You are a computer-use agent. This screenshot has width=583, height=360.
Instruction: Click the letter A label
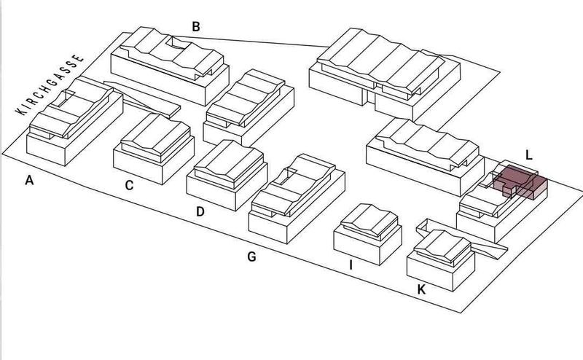pyautogui.click(x=29, y=181)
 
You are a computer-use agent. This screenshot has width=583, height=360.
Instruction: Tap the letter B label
pyautogui.click(x=196, y=27)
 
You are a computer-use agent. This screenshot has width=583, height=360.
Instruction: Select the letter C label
pyautogui.click(x=129, y=185)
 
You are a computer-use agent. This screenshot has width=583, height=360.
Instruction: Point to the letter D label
pyautogui.click(x=200, y=211)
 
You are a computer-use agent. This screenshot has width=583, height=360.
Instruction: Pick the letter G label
pyautogui.click(x=251, y=257)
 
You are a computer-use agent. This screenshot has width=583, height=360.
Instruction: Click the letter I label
pyautogui.click(x=351, y=265)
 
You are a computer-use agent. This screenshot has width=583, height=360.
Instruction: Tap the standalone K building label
pyautogui.click(x=421, y=289)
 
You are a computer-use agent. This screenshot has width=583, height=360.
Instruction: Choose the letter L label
pyautogui.click(x=529, y=155)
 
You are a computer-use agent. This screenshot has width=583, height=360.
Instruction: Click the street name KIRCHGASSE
pyautogui.click(x=50, y=85)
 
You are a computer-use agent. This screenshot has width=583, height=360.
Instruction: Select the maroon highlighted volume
pyautogui.click(x=520, y=181)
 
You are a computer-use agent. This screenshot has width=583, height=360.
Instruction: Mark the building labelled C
pyautogui.click(x=154, y=149)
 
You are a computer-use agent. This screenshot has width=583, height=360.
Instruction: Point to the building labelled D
pyautogui.click(x=227, y=175)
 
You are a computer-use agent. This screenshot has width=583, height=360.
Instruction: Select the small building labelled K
pyautogui.click(x=441, y=260)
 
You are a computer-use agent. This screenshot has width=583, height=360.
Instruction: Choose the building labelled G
pyautogui.click(x=297, y=199)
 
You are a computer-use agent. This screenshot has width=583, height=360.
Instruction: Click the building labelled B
pyautogui.click(x=170, y=66)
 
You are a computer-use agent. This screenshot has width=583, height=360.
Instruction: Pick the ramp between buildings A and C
pyautogui.click(x=142, y=99)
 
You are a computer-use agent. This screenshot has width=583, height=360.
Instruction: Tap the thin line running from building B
pyautogui.click(x=250, y=42)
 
